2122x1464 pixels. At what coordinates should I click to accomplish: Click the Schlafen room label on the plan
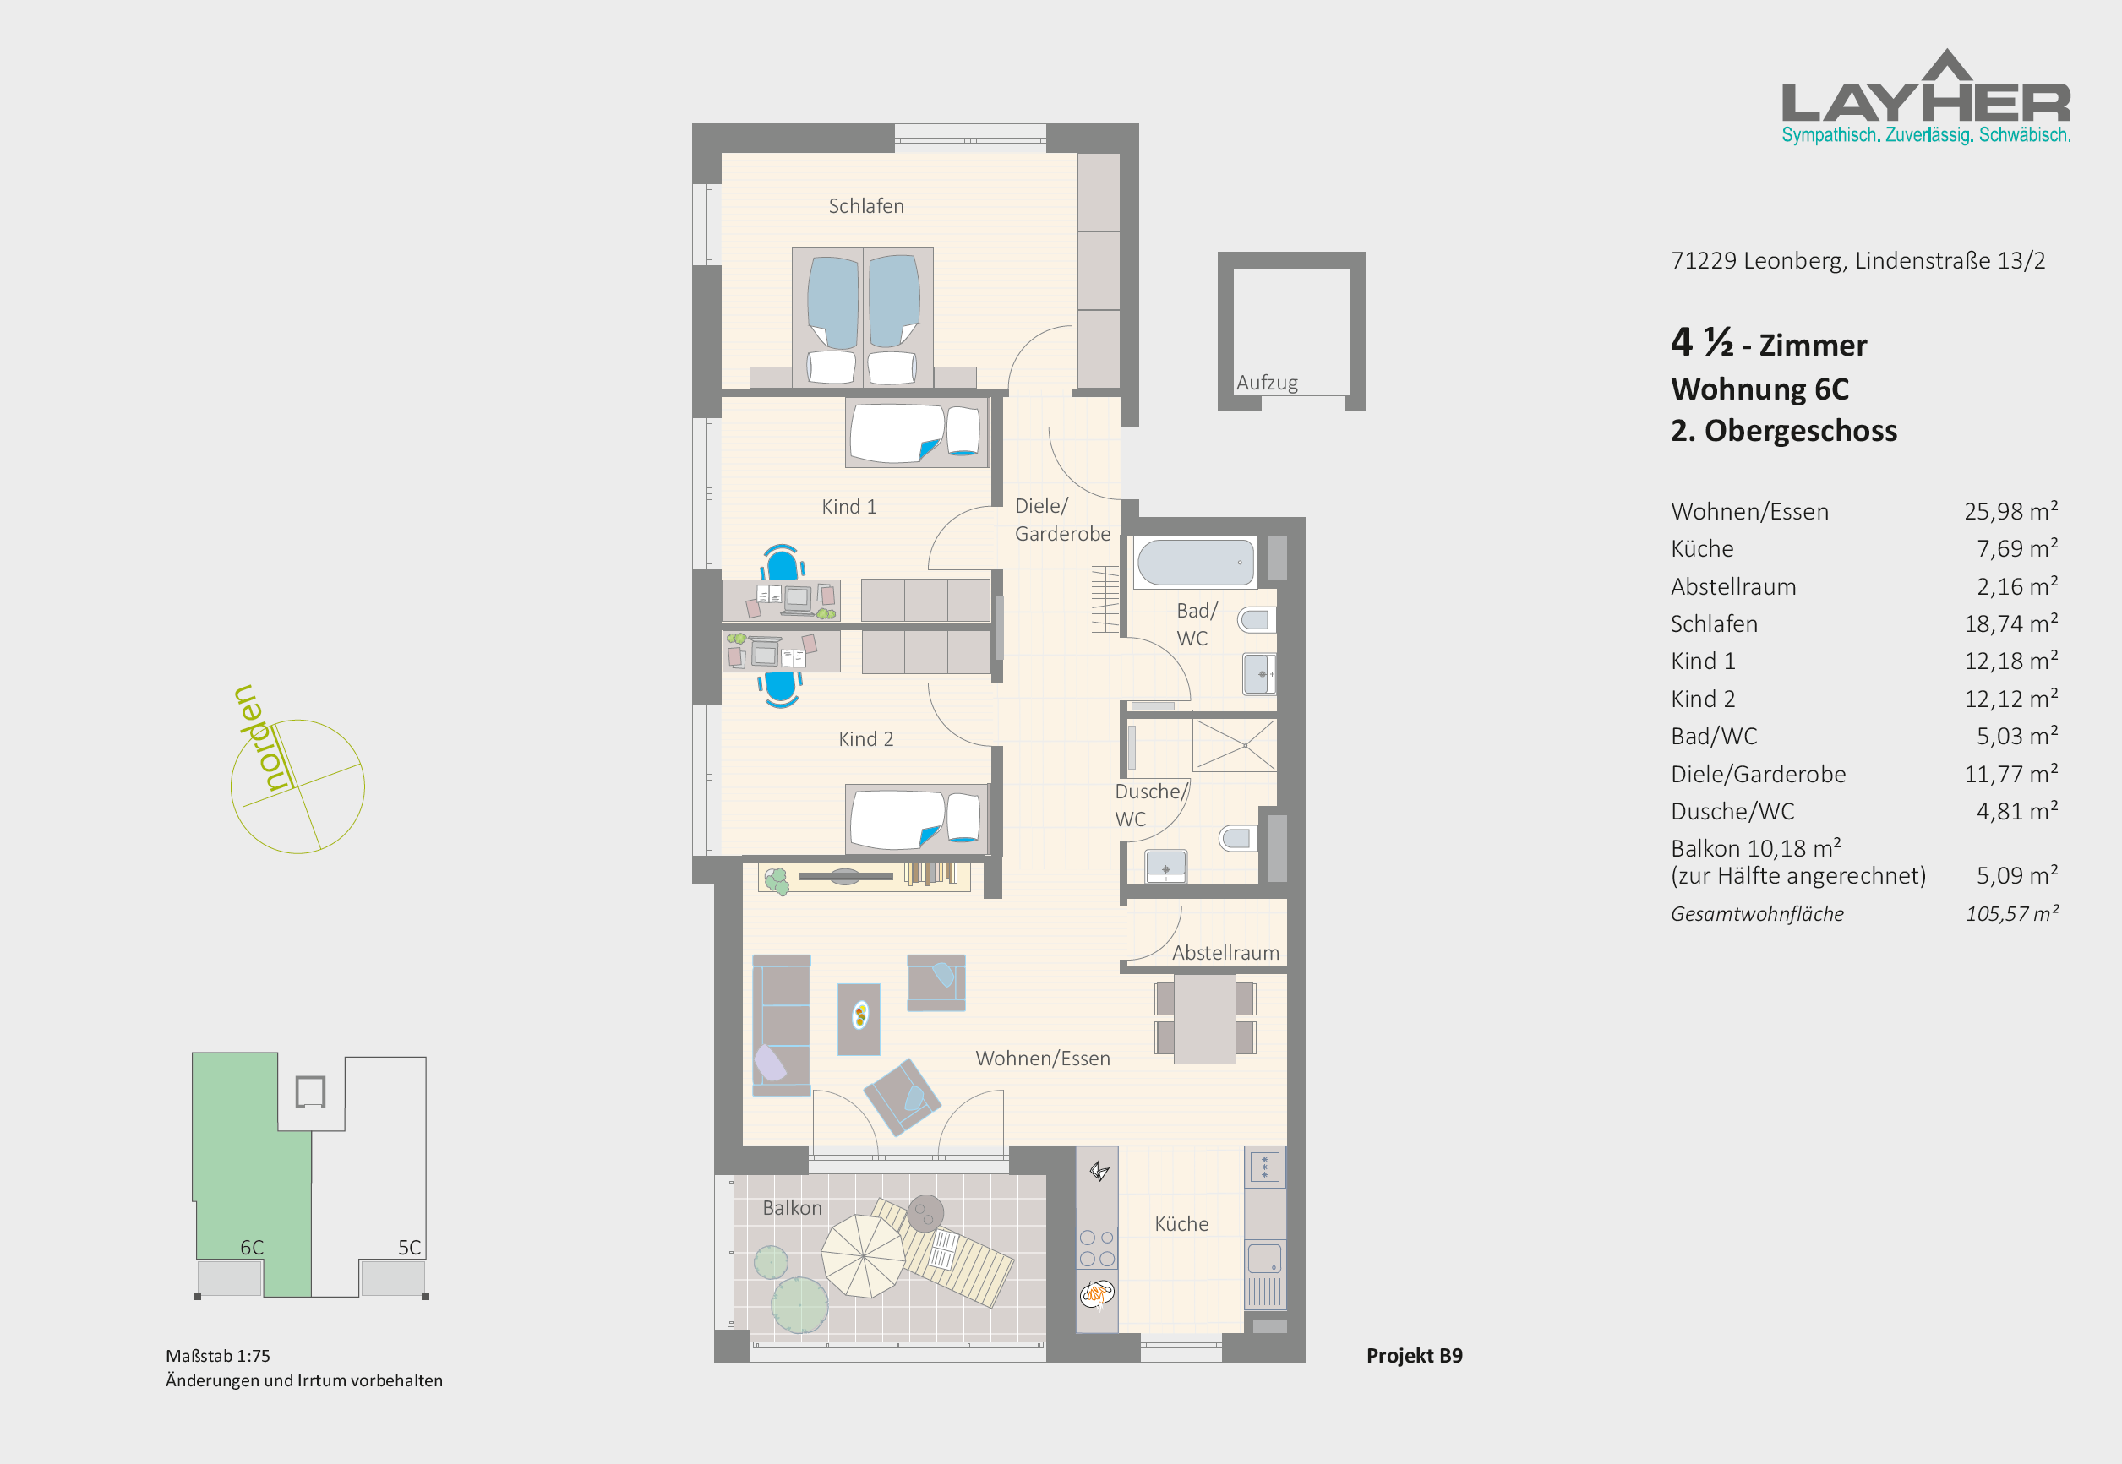click(x=866, y=206)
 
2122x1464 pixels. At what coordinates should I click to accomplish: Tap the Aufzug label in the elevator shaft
click(x=1267, y=383)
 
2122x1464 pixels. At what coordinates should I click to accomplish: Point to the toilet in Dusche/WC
click(x=1236, y=837)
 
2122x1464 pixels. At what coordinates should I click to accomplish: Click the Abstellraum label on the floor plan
click(x=1225, y=953)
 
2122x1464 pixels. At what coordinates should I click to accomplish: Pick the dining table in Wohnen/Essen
click(x=1204, y=1019)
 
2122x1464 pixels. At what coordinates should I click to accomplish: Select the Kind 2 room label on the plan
click(x=865, y=739)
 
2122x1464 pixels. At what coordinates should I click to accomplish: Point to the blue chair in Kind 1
click(x=782, y=562)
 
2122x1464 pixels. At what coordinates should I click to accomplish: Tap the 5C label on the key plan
click(x=409, y=1248)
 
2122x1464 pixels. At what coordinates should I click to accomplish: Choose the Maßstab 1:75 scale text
click(x=218, y=1356)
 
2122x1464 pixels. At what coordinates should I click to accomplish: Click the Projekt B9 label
click(x=1414, y=1356)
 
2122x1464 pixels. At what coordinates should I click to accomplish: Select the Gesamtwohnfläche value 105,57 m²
click(x=2012, y=913)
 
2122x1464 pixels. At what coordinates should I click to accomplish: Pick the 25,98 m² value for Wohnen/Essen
click(x=2011, y=511)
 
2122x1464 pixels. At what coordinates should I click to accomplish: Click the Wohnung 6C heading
click(x=1759, y=389)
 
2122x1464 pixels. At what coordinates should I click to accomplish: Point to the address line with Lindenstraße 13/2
click(x=1857, y=261)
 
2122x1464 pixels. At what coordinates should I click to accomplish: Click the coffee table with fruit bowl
click(x=859, y=1019)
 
